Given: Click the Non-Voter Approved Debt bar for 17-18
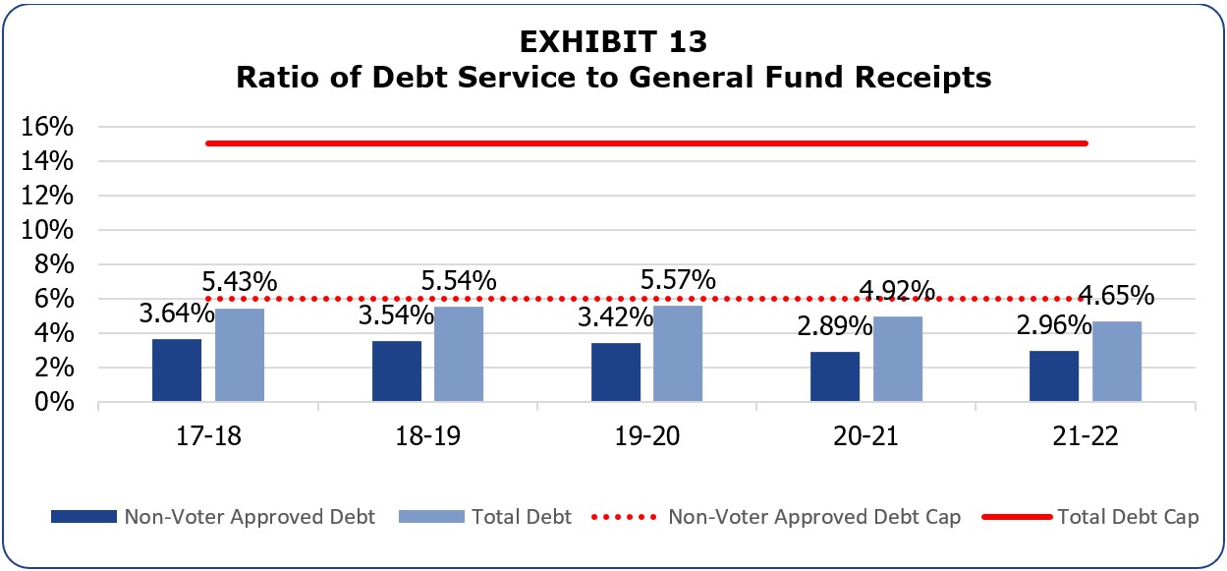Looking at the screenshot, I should pos(177,371).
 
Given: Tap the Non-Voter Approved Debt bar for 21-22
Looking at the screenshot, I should pos(1054,376).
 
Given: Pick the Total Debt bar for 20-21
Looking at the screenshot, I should pos(897,359).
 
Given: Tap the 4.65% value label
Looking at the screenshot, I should pos(1117,295).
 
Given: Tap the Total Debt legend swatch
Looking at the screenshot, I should pos(431,517).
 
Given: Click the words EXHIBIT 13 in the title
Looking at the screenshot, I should pos(614,43).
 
